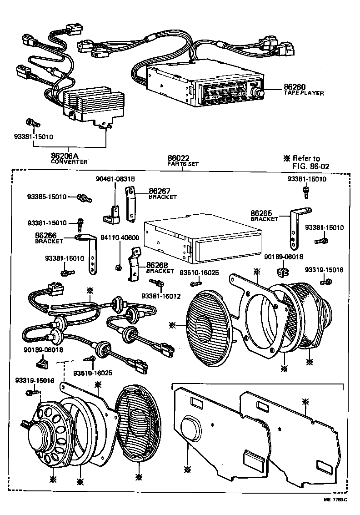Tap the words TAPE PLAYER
tap(304, 93)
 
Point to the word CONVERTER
tap(69, 162)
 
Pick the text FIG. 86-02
tap(311, 166)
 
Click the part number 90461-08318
tap(115, 179)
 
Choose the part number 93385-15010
tap(47, 197)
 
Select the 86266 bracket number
tap(46, 235)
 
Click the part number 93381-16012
tap(161, 296)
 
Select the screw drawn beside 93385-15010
tap(85, 198)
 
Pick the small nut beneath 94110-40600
tap(119, 267)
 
